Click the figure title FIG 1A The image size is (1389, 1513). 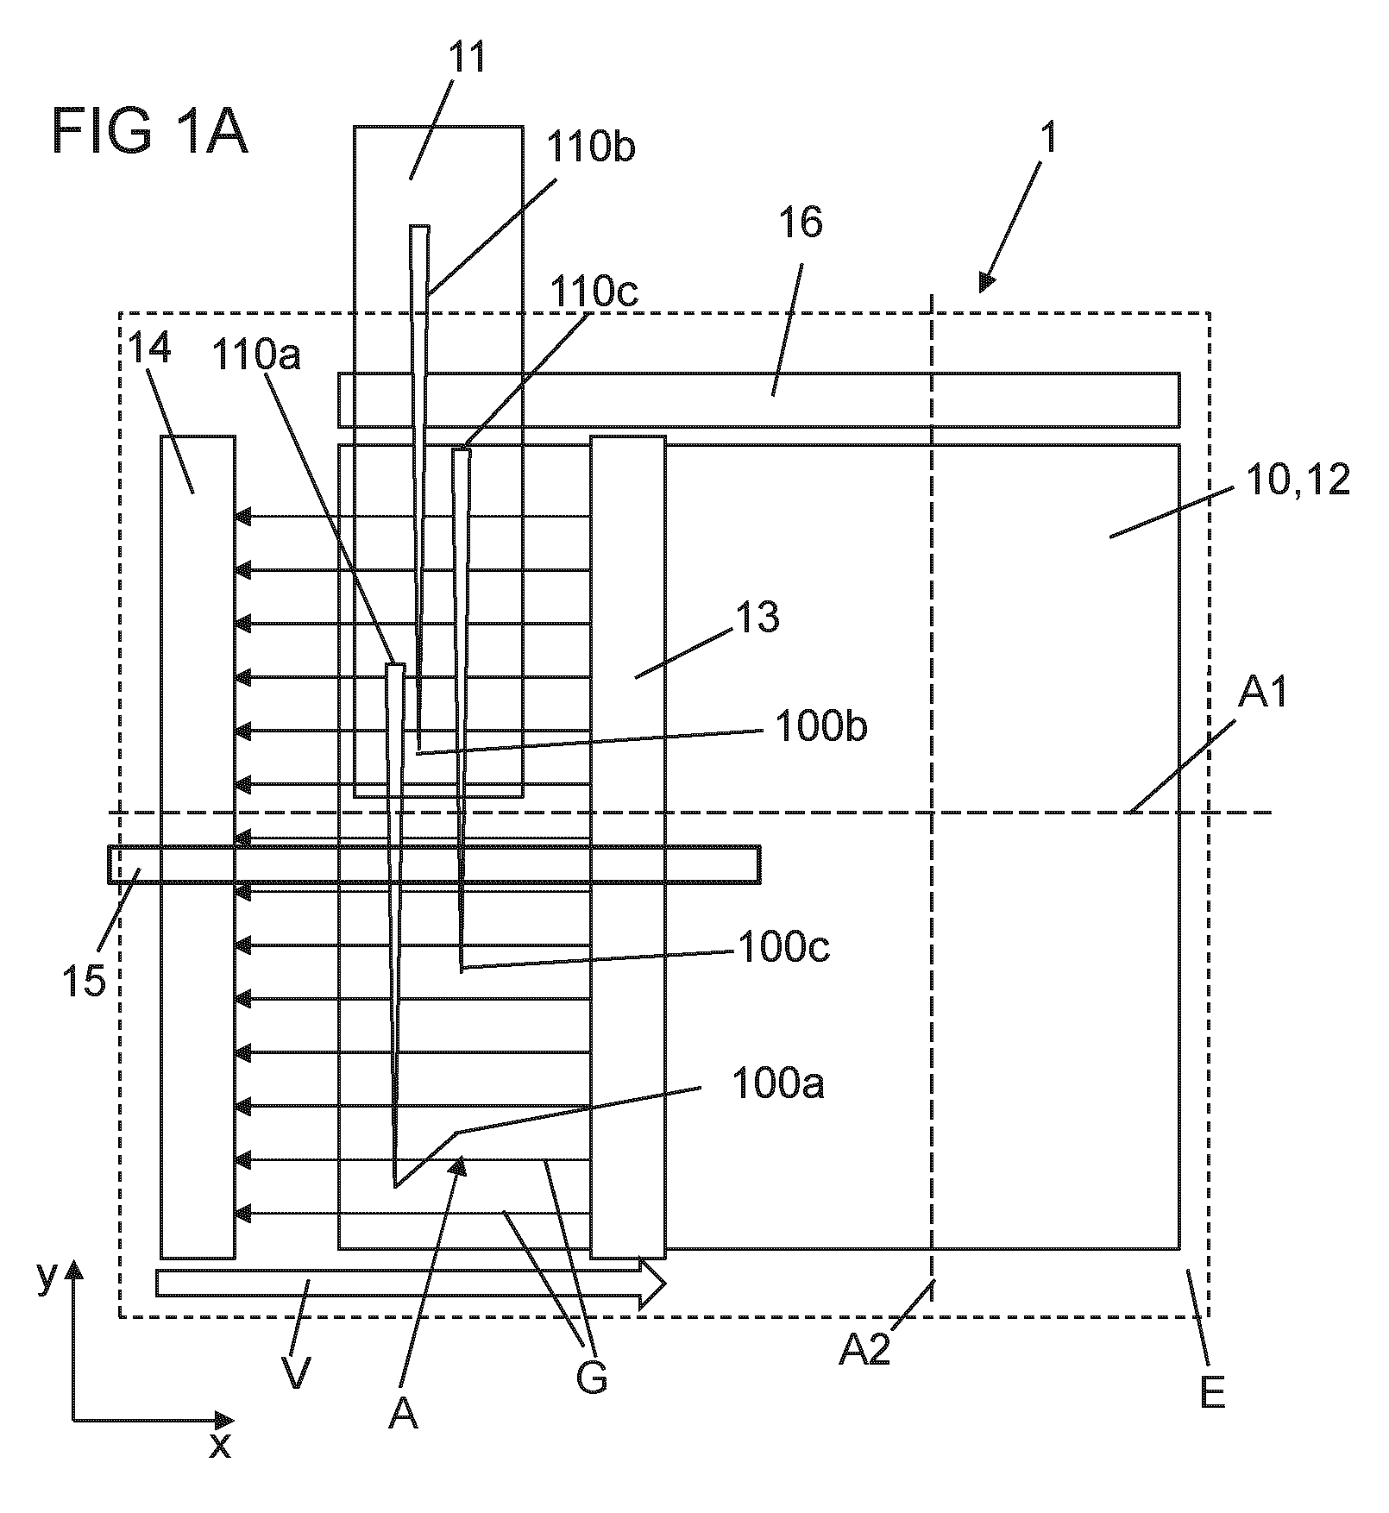point(150,131)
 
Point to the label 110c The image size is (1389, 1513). point(595,293)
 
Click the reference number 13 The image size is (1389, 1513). point(757,618)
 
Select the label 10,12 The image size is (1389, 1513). point(1297,480)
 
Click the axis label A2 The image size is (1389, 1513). point(864,1348)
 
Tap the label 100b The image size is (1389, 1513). point(821,726)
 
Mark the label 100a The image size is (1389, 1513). point(778,1084)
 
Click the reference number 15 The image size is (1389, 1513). point(84,982)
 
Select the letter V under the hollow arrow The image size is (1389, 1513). point(296,1373)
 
